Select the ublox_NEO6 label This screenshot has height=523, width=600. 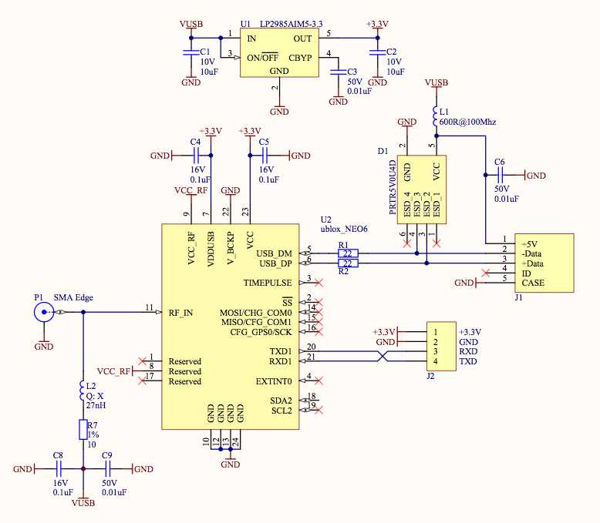345,228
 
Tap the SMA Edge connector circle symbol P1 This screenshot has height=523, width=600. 43,312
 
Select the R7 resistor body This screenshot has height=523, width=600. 83,429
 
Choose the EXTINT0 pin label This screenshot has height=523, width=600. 275,381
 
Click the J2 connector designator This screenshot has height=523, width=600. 431,376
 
